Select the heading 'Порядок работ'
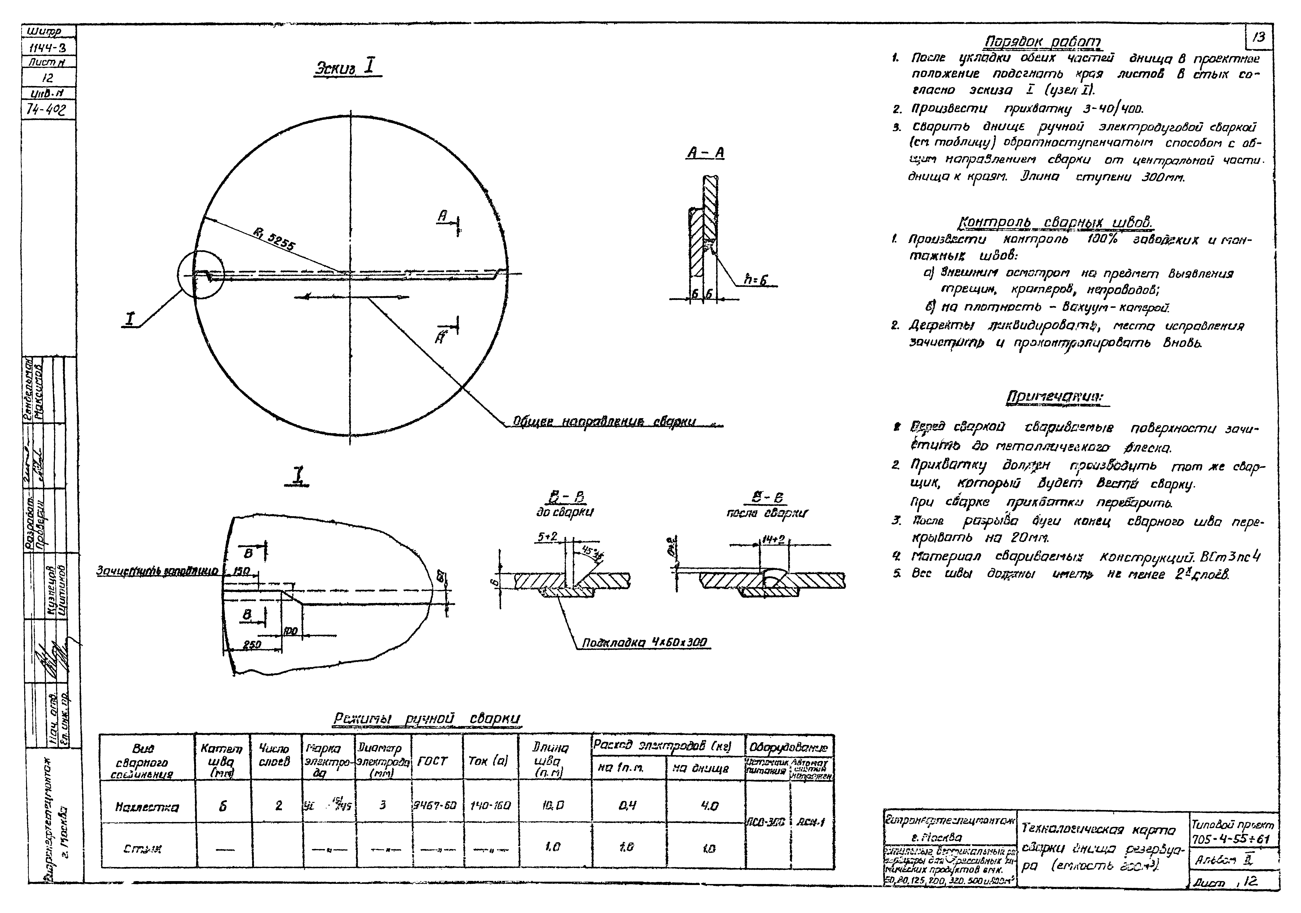(1043, 43)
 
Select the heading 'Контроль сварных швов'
(1054, 222)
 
